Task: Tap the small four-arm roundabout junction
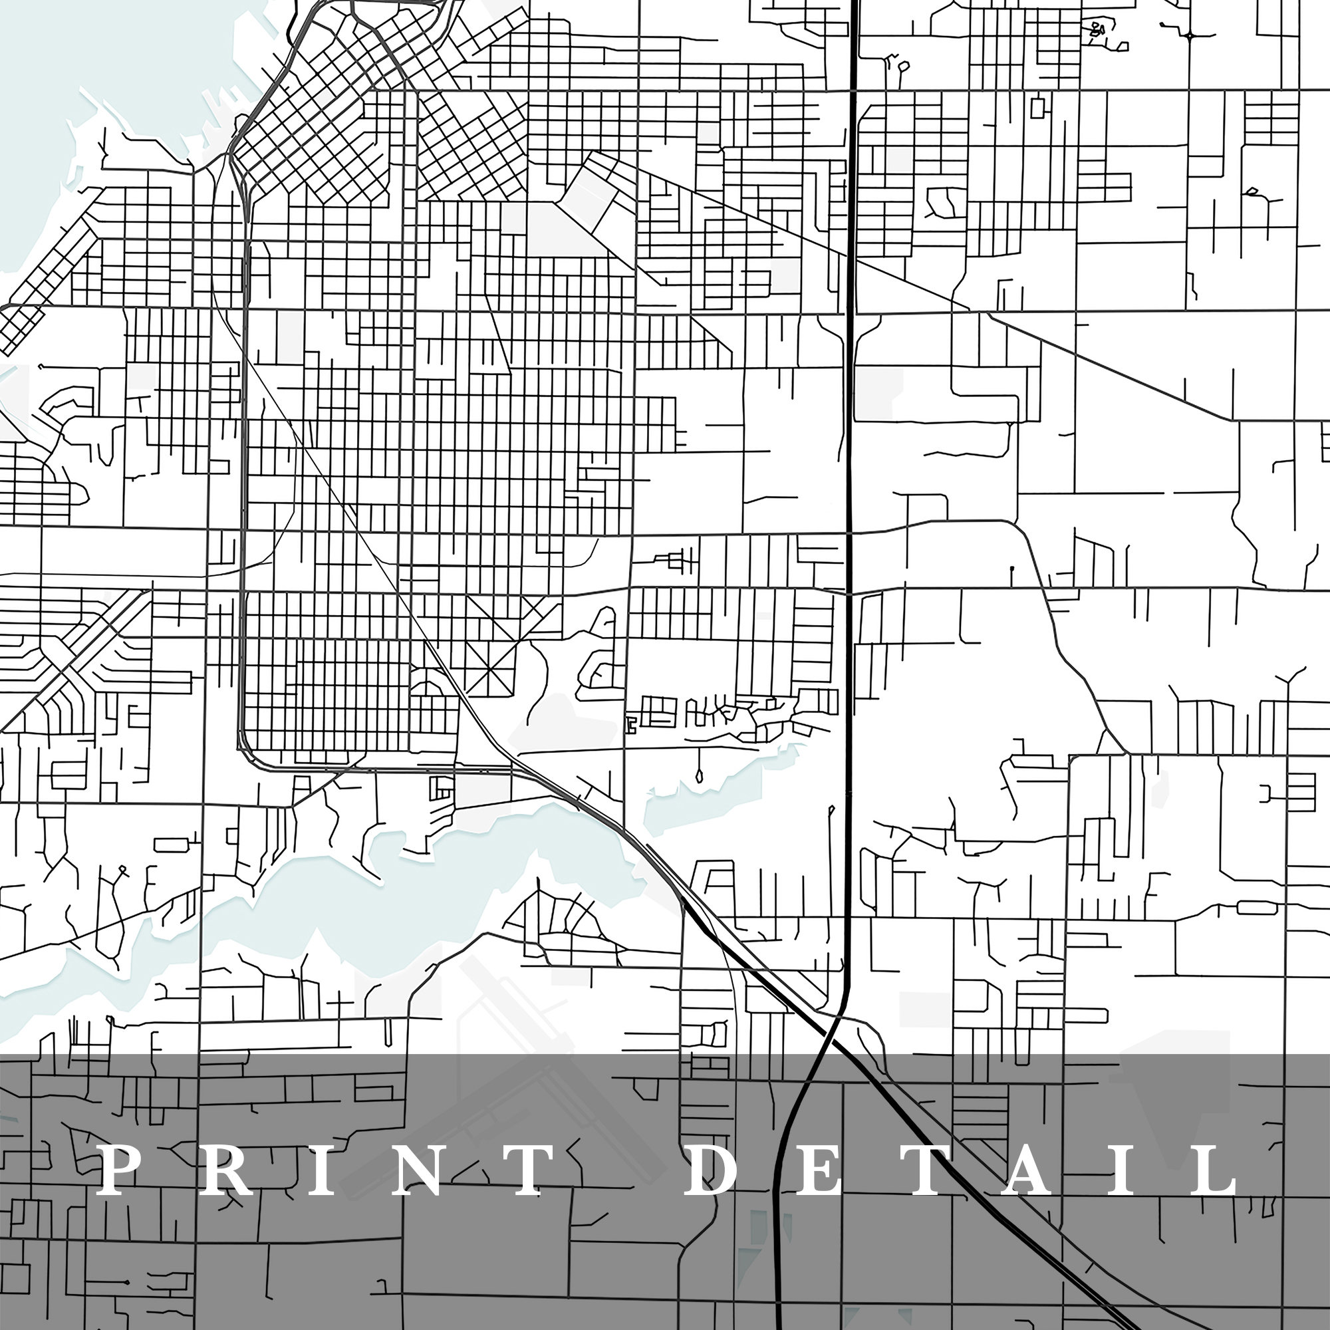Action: pyautogui.click(x=1190, y=35)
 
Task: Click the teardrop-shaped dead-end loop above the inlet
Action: pyautogui.click(x=700, y=777)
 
